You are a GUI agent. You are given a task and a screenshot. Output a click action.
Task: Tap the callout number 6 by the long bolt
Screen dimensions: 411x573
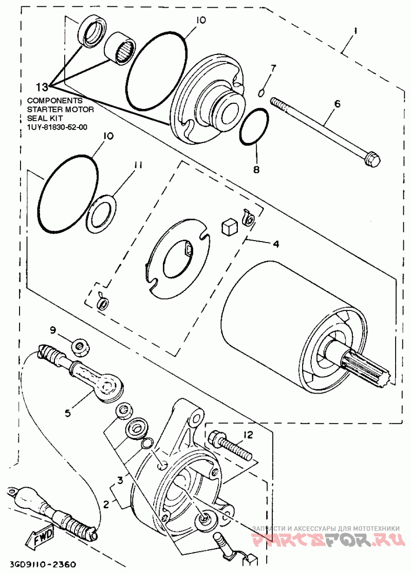pos(337,104)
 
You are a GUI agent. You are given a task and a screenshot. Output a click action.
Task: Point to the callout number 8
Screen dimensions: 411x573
pos(256,169)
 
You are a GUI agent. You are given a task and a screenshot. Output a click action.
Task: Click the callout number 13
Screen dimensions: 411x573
pos(42,87)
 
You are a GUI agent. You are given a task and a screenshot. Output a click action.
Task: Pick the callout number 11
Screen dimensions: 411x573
pos(137,165)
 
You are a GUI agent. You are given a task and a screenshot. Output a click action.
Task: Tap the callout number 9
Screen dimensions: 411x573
pos(53,330)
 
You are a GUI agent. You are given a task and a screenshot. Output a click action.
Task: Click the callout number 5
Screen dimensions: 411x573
pos(68,413)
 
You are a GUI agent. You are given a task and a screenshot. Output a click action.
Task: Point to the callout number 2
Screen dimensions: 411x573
pos(106,505)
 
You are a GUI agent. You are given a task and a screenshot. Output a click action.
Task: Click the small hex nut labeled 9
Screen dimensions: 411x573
pos(79,348)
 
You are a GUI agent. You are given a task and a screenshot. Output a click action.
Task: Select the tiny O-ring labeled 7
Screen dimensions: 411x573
pos(261,94)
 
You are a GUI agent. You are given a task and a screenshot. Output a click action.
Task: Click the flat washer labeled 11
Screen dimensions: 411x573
pos(101,215)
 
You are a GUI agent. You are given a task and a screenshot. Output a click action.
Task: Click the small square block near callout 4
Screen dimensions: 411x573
pos(229,227)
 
